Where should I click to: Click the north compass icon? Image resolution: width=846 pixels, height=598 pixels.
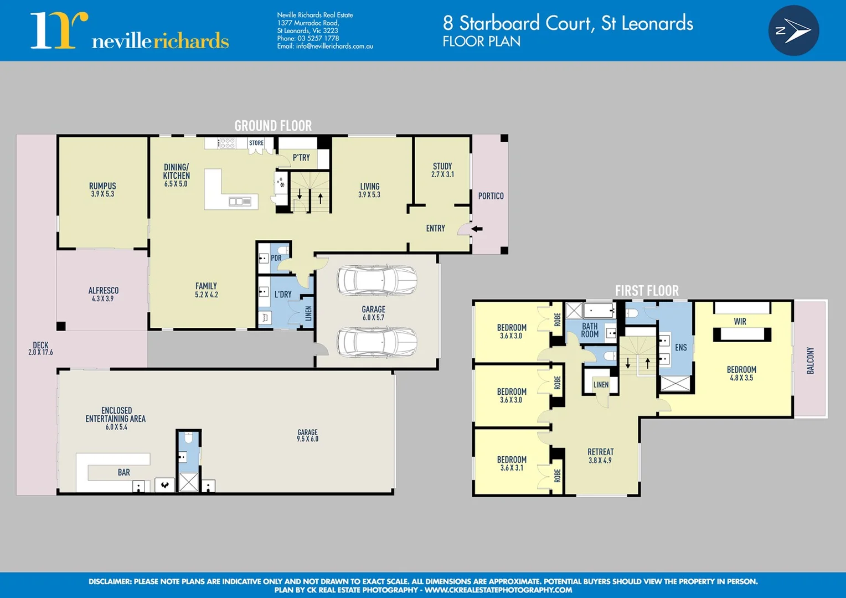[x=793, y=30]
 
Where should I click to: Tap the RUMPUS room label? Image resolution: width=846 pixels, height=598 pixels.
[x=102, y=186]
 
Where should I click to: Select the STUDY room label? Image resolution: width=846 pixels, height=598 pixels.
[x=442, y=166]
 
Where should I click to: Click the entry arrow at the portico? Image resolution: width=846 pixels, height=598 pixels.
[x=476, y=229]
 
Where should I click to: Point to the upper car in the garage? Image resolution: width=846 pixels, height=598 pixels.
[x=377, y=280]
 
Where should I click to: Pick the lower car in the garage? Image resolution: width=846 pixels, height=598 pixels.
[x=377, y=342]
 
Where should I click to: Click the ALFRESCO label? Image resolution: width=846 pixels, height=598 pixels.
[x=104, y=290]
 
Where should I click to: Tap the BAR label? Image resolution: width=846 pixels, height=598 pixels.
[x=124, y=472]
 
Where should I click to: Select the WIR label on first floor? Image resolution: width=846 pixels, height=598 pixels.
[x=740, y=322]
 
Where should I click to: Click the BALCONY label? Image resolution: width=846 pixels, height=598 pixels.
[x=811, y=360]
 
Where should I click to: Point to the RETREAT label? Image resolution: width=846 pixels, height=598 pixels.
[x=601, y=452]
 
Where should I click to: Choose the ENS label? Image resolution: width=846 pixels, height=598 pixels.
[x=681, y=348]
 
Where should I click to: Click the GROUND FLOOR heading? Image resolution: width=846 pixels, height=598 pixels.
[x=273, y=126]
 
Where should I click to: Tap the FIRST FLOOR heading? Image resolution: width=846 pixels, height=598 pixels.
[x=647, y=291]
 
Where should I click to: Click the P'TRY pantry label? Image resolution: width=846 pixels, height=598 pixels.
[x=301, y=158]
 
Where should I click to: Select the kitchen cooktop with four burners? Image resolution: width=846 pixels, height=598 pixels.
[x=227, y=143]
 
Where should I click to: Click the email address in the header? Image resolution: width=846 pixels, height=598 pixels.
[x=334, y=47]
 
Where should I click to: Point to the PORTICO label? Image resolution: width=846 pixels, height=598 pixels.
[x=491, y=196]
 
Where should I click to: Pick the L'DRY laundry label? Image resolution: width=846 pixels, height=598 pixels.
[x=283, y=295]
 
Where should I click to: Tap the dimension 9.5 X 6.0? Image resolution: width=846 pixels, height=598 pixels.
[x=307, y=439]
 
